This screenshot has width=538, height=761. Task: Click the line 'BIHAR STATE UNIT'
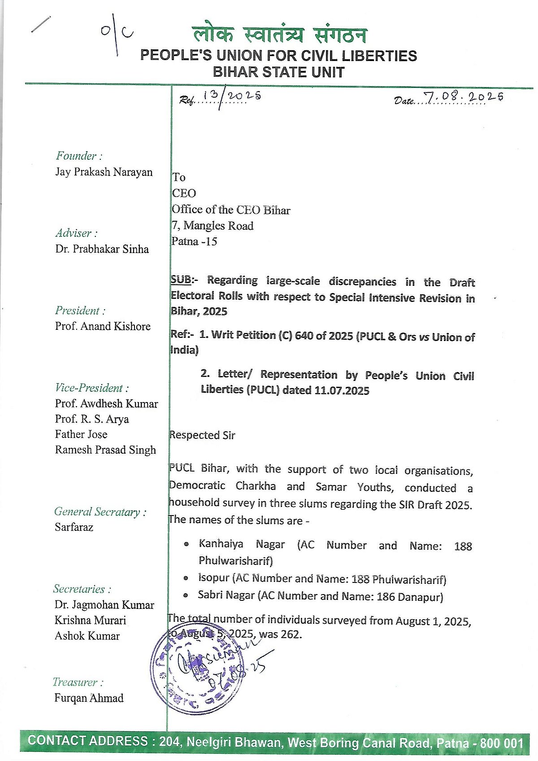pos(278,72)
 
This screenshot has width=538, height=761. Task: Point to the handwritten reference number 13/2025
pos(231,96)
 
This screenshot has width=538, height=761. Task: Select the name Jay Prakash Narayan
pos(104,172)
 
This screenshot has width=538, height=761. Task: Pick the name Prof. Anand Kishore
pos(103,327)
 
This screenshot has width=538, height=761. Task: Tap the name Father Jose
pos(81,434)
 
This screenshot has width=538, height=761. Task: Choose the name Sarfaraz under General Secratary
pos(74,527)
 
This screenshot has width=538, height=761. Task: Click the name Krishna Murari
pos(90,621)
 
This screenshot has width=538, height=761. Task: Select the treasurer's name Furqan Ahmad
pos(89,698)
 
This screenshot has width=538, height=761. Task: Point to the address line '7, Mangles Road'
pos(213,226)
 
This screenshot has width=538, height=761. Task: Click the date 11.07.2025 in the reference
pos(342,391)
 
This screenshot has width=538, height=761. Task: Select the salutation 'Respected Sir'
pos(202,435)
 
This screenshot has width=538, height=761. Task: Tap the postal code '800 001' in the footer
pos(501,743)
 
